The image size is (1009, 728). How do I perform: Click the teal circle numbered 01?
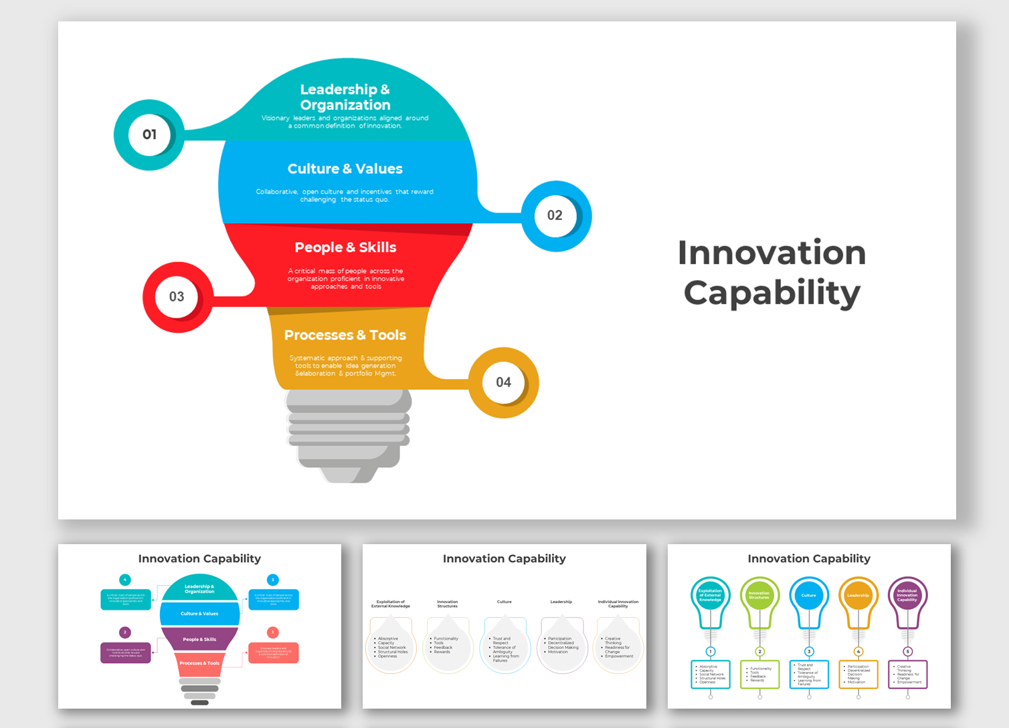pos(149,135)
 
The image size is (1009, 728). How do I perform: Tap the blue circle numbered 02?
pos(555,216)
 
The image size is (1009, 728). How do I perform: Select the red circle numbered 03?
pos(177,297)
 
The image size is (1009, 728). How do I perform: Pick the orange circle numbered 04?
pos(503,382)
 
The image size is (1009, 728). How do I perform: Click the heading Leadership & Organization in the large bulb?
pos(345,97)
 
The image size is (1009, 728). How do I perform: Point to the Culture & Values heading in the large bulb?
pos(345,169)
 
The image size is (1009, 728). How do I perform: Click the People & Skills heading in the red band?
pos(345,247)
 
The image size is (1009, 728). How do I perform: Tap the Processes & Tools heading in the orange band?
pos(345,335)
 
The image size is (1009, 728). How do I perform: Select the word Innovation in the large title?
pos(771,253)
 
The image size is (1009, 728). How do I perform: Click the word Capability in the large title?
pos(771,293)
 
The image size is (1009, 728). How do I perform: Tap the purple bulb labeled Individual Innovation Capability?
pos(907,596)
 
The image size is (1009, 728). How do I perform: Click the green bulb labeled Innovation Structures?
pos(759,596)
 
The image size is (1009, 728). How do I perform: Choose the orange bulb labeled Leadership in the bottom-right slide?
pos(858,596)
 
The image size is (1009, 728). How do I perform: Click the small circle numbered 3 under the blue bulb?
pos(809,651)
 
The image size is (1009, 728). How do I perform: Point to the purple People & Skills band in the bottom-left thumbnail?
pos(199,639)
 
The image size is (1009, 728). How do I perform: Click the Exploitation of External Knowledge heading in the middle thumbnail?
pos(391,604)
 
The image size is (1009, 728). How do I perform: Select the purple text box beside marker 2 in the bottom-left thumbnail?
pos(126,652)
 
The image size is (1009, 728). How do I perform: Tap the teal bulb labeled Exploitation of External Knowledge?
pos(710,596)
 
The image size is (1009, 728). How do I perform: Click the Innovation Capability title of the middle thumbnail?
pos(504,559)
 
